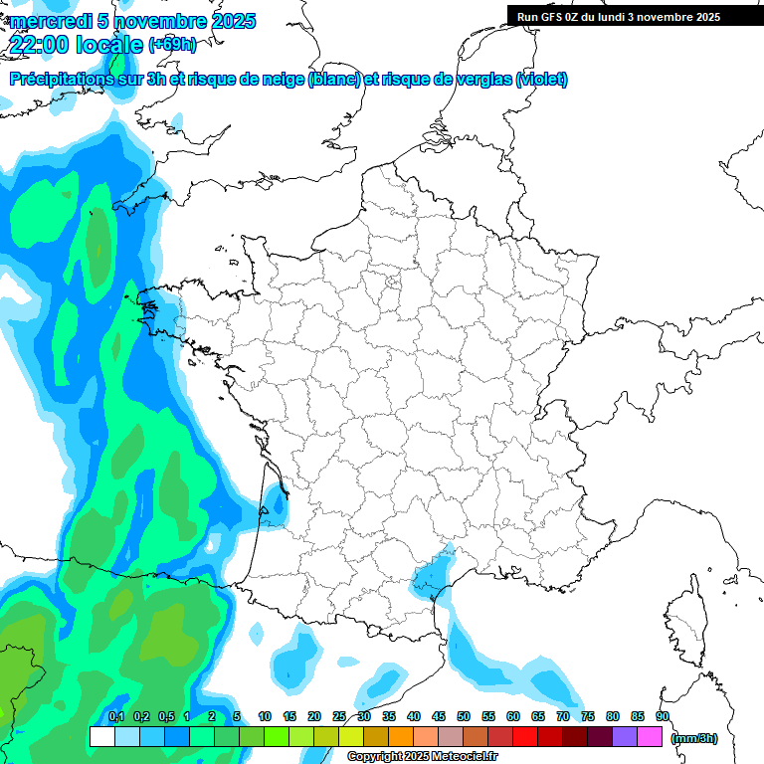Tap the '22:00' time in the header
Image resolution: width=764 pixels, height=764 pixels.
coord(37,43)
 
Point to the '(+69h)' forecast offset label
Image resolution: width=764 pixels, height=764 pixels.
coord(172,44)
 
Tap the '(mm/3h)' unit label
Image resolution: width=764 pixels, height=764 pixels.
coord(694,738)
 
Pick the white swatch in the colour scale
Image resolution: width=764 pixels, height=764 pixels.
coord(101,737)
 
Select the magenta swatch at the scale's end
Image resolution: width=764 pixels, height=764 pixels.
coord(650,737)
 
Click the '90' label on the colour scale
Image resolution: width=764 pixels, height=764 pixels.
coord(663,716)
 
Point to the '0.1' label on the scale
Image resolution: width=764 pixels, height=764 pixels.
coord(116,716)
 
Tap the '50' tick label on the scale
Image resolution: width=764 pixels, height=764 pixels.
coord(464,716)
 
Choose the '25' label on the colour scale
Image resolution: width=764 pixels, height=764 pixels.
coord(339,716)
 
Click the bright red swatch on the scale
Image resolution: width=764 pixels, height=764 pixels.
coord(525,737)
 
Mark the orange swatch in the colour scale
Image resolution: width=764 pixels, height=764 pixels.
coord(401,737)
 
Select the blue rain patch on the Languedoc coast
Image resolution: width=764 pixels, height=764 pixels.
coord(431,575)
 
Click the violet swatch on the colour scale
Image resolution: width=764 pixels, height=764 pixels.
coord(625,737)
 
